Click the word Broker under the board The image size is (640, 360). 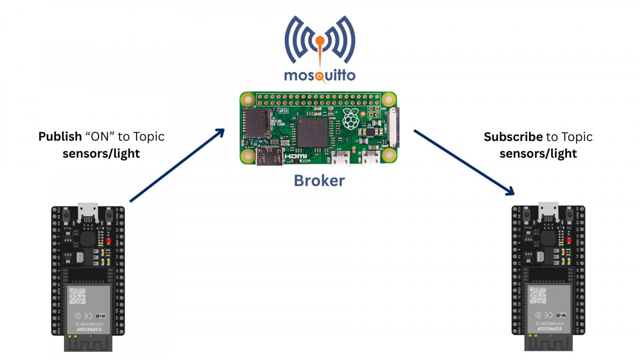[x=319, y=181]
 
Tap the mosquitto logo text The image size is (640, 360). [x=319, y=74]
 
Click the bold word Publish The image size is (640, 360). [x=58, y=137]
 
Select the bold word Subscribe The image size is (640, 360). [x=513, y=137]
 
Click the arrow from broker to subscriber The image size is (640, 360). [x=463, y=162]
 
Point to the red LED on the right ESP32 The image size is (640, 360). [x=570, y=240]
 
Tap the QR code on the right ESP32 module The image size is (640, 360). [x=539, y=295]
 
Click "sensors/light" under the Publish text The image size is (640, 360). [x=101, y=154]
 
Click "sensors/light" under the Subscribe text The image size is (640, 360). [x=538, y=154]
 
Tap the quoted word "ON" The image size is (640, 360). [x=104, y=137]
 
